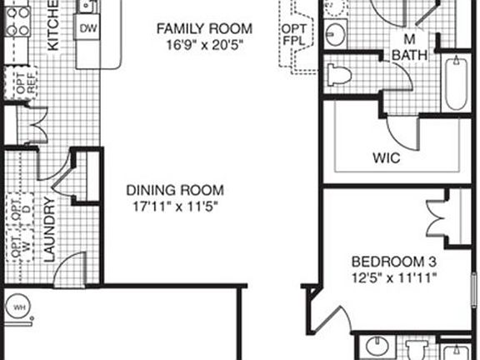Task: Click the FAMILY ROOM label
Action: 204,29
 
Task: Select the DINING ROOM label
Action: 173,189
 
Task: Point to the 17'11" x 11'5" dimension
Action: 173,204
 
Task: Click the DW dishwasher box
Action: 88,28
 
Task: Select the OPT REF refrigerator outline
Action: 17,83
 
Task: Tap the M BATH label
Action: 409,47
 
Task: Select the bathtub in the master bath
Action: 456,82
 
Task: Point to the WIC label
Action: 385,157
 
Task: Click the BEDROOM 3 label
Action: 390,259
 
